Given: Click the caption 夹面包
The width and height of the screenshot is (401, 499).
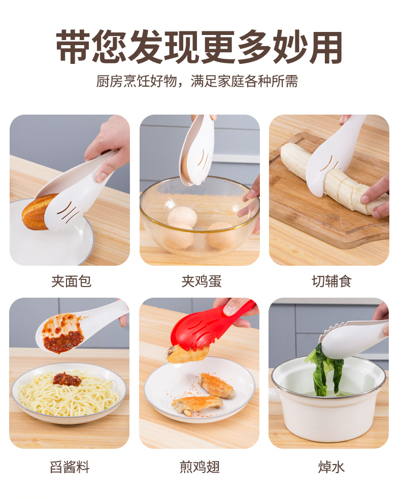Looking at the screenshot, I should pos(71,281).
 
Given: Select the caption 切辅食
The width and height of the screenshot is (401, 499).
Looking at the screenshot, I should pos(331,281).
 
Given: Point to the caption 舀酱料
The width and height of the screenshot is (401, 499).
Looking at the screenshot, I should pos(70,467).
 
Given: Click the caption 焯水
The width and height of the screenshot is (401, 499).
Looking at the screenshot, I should pos(331,467).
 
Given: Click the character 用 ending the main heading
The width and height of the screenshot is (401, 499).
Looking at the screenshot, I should pos(325,47).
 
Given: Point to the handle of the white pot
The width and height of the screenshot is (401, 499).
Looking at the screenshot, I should pos(274,395).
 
